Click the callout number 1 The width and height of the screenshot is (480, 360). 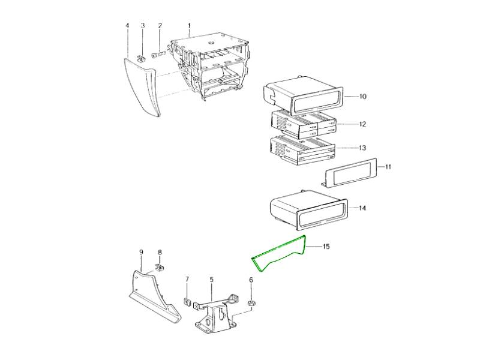pyautogui.click(x=189, y=25)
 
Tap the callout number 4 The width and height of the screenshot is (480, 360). pyautogui.click(x=127, y=25)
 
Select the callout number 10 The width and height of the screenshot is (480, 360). pyautogui.click(x=363, y=97)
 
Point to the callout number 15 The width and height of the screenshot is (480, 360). pyautogui.click(x=326, y=247)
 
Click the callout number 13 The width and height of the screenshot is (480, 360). pyautogui.click(x=362, y=148)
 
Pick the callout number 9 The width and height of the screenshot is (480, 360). pyautogui.click(x=141, y=252)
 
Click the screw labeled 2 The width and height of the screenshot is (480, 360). pyautogui.click(x=159, y=55)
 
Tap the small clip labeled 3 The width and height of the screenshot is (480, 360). pyautogui.click(x=142, y=58)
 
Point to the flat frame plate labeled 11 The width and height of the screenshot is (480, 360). pyautogui.click(x=350, y=173)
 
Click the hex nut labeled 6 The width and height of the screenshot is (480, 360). pyautogui.click(x=251, y=304)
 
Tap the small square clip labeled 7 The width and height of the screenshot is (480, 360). pyautogui.click(x=187, y=302)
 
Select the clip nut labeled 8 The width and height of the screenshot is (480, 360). pyautogui.click(x=159, y=267)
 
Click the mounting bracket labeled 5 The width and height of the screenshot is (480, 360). pyautogui.click(x=216, y=312)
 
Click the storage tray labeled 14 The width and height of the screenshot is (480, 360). pyautogui.click(x=308, y=210)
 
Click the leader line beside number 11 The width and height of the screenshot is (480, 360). pyautogui.click(x=382, y=167)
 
